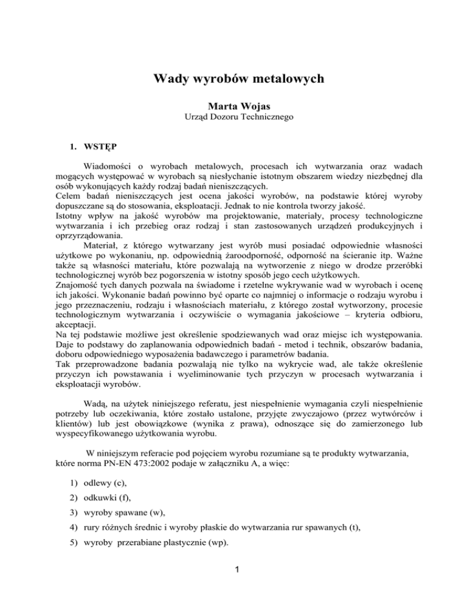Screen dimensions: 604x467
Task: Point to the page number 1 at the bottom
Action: [233, 585]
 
